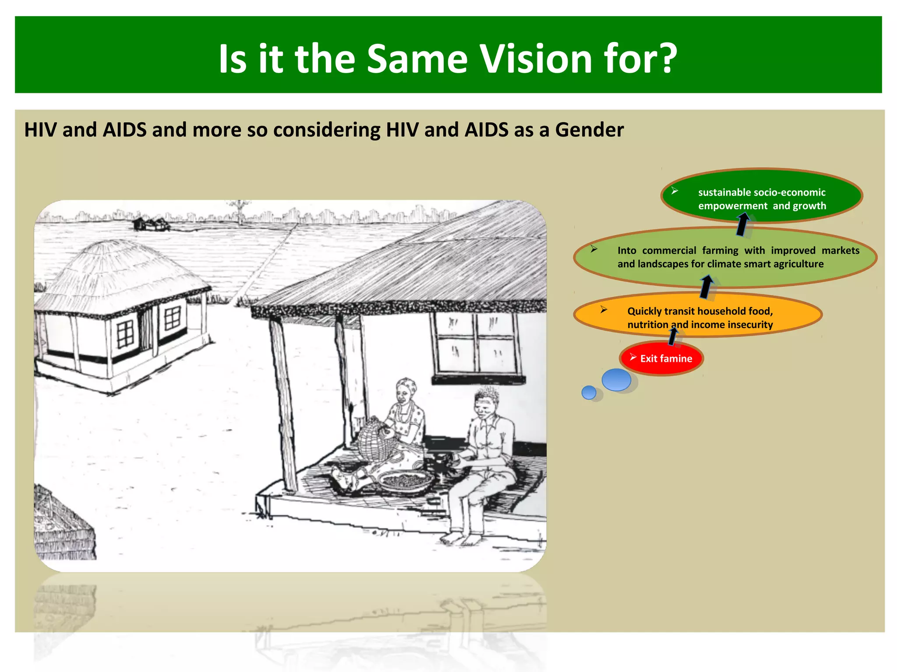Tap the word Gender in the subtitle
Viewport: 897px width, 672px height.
pyautogui.click(x=589, y=130)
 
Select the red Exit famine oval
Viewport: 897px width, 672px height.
pyautogui.click(x=661, y=358)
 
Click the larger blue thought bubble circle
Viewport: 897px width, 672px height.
pyautogui.click(x=616, y=380)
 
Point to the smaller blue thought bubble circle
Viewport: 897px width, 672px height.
pyautogui.click(x=589, y=392)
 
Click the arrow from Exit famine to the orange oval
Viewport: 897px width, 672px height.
pyautogui.click(x=673, y=336)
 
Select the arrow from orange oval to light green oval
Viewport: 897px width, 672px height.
pyautogui.click(x=706, y=287)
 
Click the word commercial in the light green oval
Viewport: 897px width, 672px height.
pyautogui.click(x=669, y=251)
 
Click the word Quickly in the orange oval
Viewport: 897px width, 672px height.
pyautogui.click(x=645, y=311)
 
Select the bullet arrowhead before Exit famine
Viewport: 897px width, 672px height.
pyautogui.click(x=633, y=357)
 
